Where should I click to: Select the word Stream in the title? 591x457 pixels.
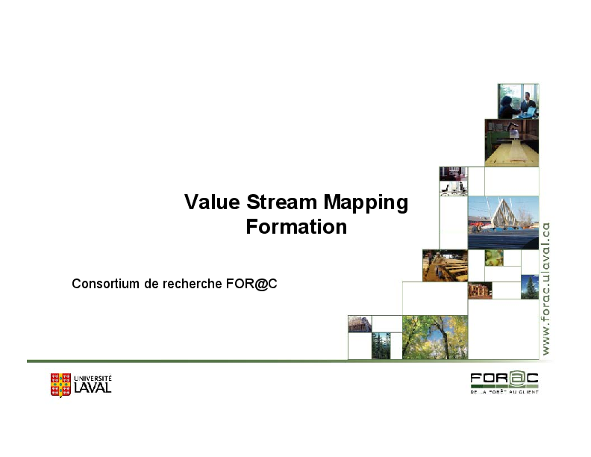click(x=272, y=202)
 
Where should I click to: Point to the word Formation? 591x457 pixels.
click(x=296, y=227)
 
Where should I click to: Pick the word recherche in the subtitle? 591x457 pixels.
click(x=189, y=284)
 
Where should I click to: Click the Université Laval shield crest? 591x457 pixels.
click(x=60, y=385)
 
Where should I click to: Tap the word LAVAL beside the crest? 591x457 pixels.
click(x=93, y=387)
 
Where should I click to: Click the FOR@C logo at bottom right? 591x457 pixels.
click(x=504, y=379)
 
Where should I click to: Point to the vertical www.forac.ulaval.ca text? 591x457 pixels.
click(x=546, y=288)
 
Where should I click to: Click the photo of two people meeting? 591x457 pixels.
click(x=518, y=101)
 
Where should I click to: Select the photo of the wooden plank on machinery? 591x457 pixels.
click(x=511, y=143)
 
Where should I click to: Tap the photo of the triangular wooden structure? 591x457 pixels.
click(x=503, y=222)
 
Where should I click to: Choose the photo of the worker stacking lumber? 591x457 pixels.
click(x=445, y=265)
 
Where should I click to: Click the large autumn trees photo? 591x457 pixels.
click(x=434, y=337)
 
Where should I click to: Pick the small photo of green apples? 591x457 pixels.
click(x=493, y=258)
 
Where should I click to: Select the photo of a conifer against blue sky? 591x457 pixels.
click(x=530, y=287)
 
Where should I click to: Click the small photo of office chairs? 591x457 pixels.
click(x=453, y=181)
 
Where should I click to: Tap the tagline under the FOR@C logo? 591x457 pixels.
click(x=504, y=391)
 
